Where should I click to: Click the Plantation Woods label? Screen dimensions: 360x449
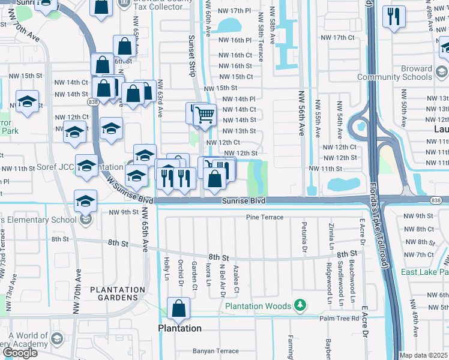258,307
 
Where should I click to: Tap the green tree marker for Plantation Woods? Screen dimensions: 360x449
300,307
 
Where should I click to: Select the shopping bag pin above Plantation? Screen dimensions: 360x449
179,310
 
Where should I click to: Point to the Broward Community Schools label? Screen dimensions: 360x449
394,73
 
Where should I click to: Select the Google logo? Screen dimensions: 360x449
20,352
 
